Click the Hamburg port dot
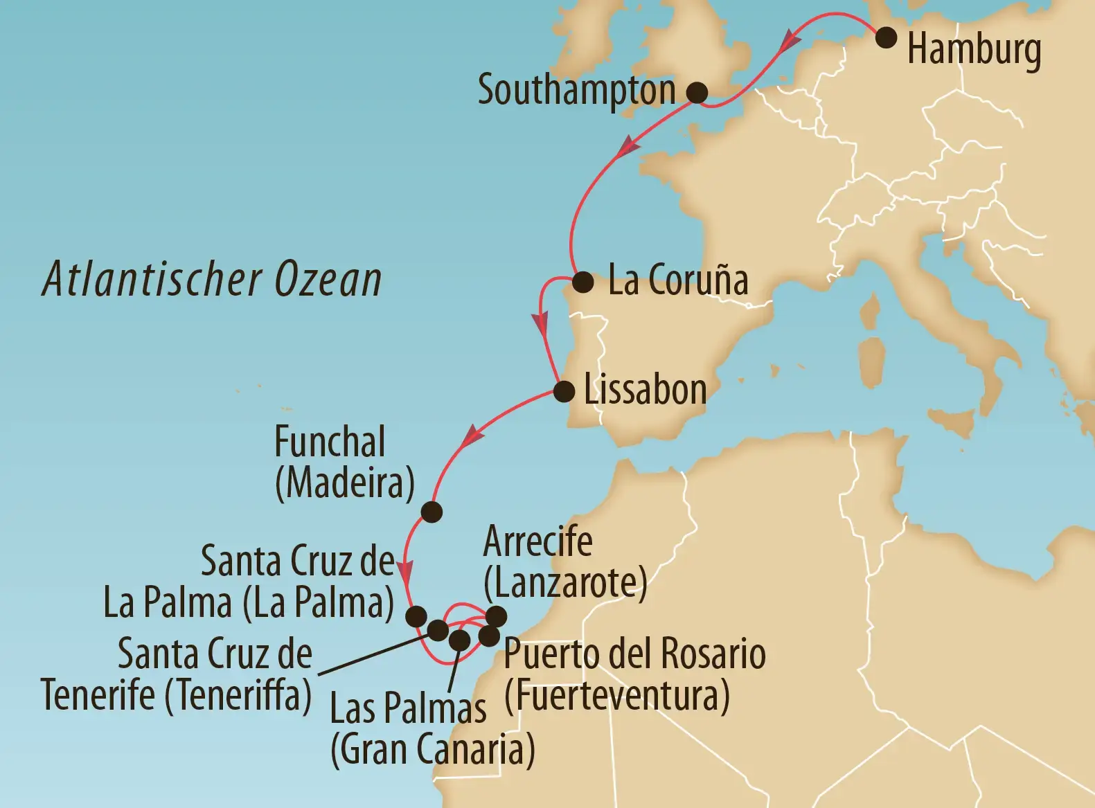(x=886, y=37)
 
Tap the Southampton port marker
(x=697, y=92)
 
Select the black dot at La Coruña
(x=582, y=282)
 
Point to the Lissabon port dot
(x=564, y=392)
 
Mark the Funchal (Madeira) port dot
(x=431, y=512)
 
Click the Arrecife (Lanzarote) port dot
(x=497, y=616)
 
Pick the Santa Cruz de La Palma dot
(x=418, y=616)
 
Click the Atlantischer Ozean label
(x=212, y=280)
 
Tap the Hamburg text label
(x=974, y=50)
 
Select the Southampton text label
(x=576, y=91)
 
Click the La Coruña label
(x=677, y=280)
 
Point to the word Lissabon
(x=645, y=390)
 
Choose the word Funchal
(x=330, y=442)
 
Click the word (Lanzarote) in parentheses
(x=565, y=583)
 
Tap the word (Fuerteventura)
(x=616, y=695)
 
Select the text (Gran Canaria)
(x=432, y=750)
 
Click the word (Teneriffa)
(x=238, y=695)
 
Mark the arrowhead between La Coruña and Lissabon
(x=540, y=324)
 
